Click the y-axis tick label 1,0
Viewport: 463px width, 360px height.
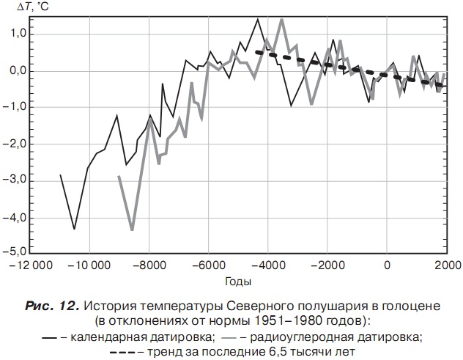[15, 34]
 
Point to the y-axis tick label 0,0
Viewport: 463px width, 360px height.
[15, 71]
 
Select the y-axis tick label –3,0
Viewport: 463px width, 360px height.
[14, 179]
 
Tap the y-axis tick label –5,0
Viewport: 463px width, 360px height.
[14, 251]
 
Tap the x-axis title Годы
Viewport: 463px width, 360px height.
[239, 282]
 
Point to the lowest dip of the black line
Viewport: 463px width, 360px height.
[74, 229]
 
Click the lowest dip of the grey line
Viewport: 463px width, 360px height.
[132, 230]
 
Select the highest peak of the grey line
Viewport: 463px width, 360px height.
[281, 19]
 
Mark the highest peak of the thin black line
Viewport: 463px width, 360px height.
[258, 19]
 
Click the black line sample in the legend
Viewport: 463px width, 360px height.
[51, 337]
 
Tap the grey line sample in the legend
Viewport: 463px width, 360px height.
[230, 337]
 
